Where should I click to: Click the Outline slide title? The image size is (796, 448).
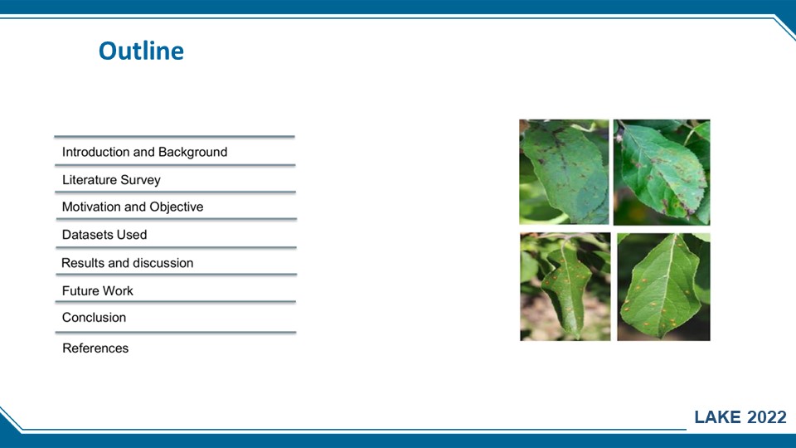point(141,51)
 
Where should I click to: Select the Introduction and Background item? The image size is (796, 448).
point(144,152)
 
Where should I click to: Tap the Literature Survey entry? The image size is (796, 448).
point(111,180)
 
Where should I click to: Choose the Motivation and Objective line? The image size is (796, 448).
point(133,207)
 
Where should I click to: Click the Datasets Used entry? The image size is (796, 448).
point(104,235)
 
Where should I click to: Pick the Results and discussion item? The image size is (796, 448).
point(128,263)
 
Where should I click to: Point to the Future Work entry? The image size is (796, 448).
point(98,290)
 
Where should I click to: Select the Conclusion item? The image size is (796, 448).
point(94,318)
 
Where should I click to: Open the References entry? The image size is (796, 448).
point(95,348)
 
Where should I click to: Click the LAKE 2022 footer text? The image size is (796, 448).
point(740,417)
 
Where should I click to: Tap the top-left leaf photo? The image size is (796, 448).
point(564,172)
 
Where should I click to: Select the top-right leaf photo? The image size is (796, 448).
point(662,173)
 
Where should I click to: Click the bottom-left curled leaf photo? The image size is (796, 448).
point(565,286)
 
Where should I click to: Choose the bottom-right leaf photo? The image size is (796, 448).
point(663,287)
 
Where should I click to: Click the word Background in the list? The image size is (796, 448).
point(193,152)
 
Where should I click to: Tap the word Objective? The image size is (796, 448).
point(176,207)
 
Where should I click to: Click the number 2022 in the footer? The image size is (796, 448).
point(767,417)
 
